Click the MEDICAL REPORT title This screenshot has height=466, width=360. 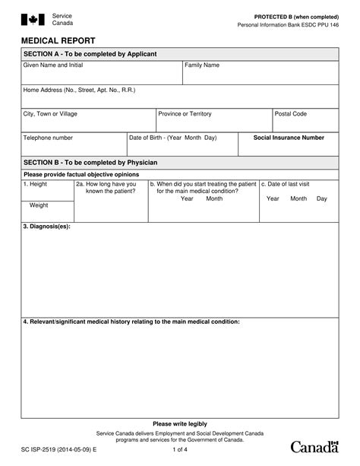coord(52,40)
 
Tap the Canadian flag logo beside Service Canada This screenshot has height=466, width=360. coord(33,21)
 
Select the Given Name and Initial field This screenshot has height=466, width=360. coord(101,75)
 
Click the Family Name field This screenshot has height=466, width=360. coord(260,75)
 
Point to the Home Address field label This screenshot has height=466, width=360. coord(79,90)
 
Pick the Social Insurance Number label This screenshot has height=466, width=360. coord(289,138)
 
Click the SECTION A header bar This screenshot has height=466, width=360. coord(179,54)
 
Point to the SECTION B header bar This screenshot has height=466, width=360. coord(179,163)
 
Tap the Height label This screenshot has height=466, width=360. coord(36,184)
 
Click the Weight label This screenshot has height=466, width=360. coord(39,205)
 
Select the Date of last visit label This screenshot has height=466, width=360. coord(286,184)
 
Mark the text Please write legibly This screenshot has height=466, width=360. coord(179,423)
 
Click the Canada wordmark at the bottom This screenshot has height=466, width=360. coord(314,445)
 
